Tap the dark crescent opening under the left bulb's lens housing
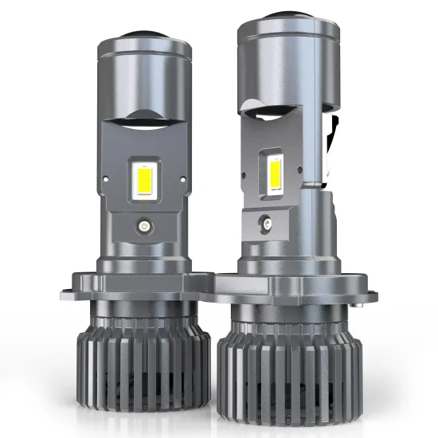[x=152, y=120]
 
